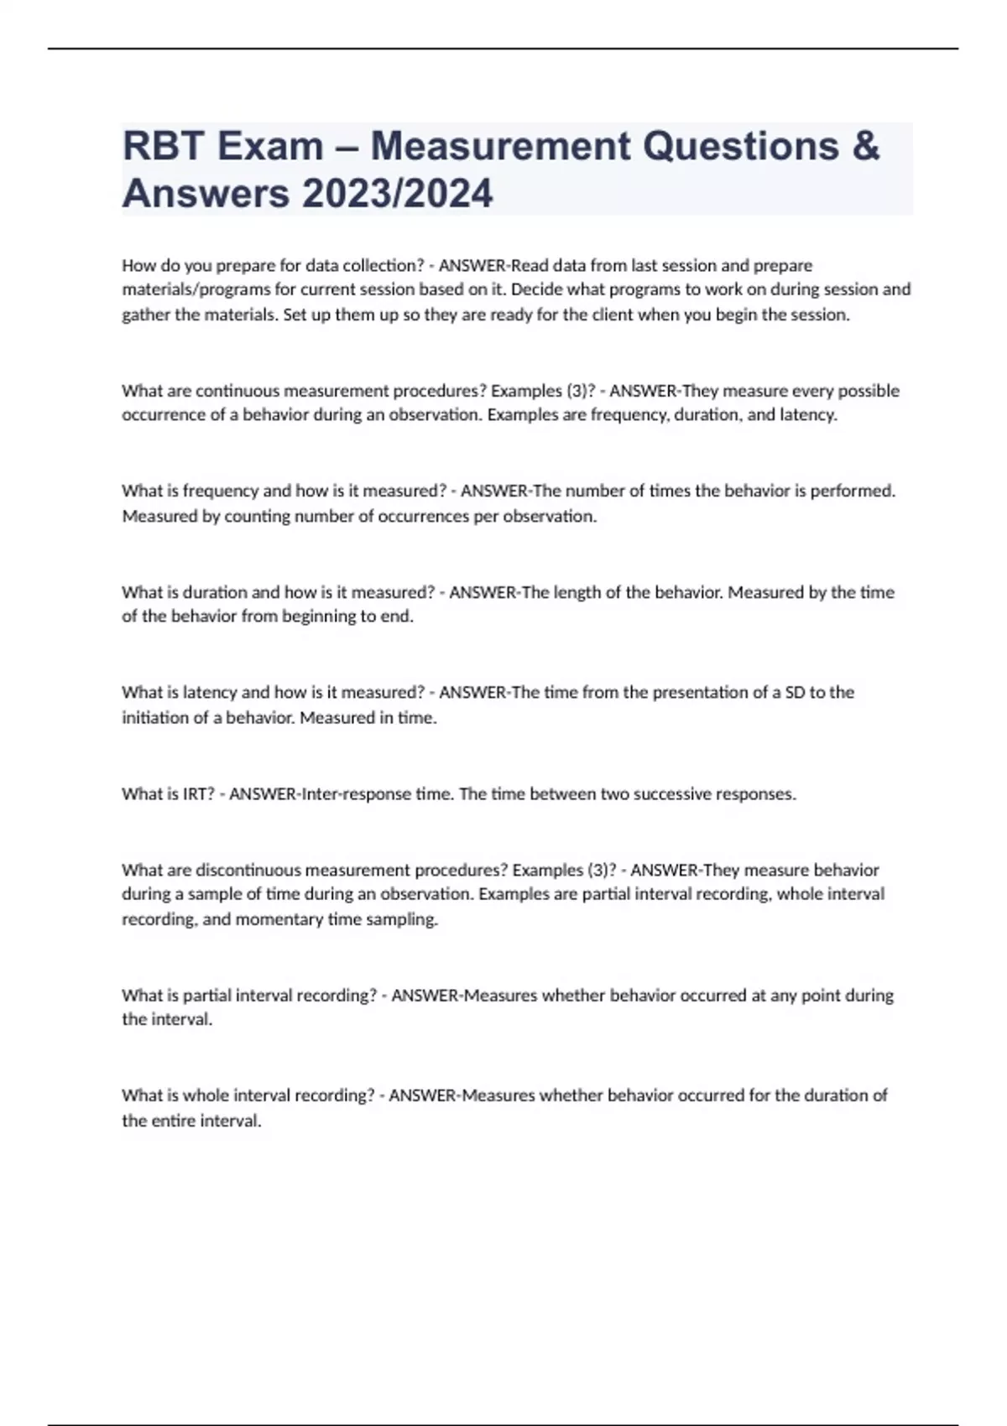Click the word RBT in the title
pyautogui.click(x=163, y=146)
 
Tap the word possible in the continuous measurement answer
pyautogui.click(x=869, y=390)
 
